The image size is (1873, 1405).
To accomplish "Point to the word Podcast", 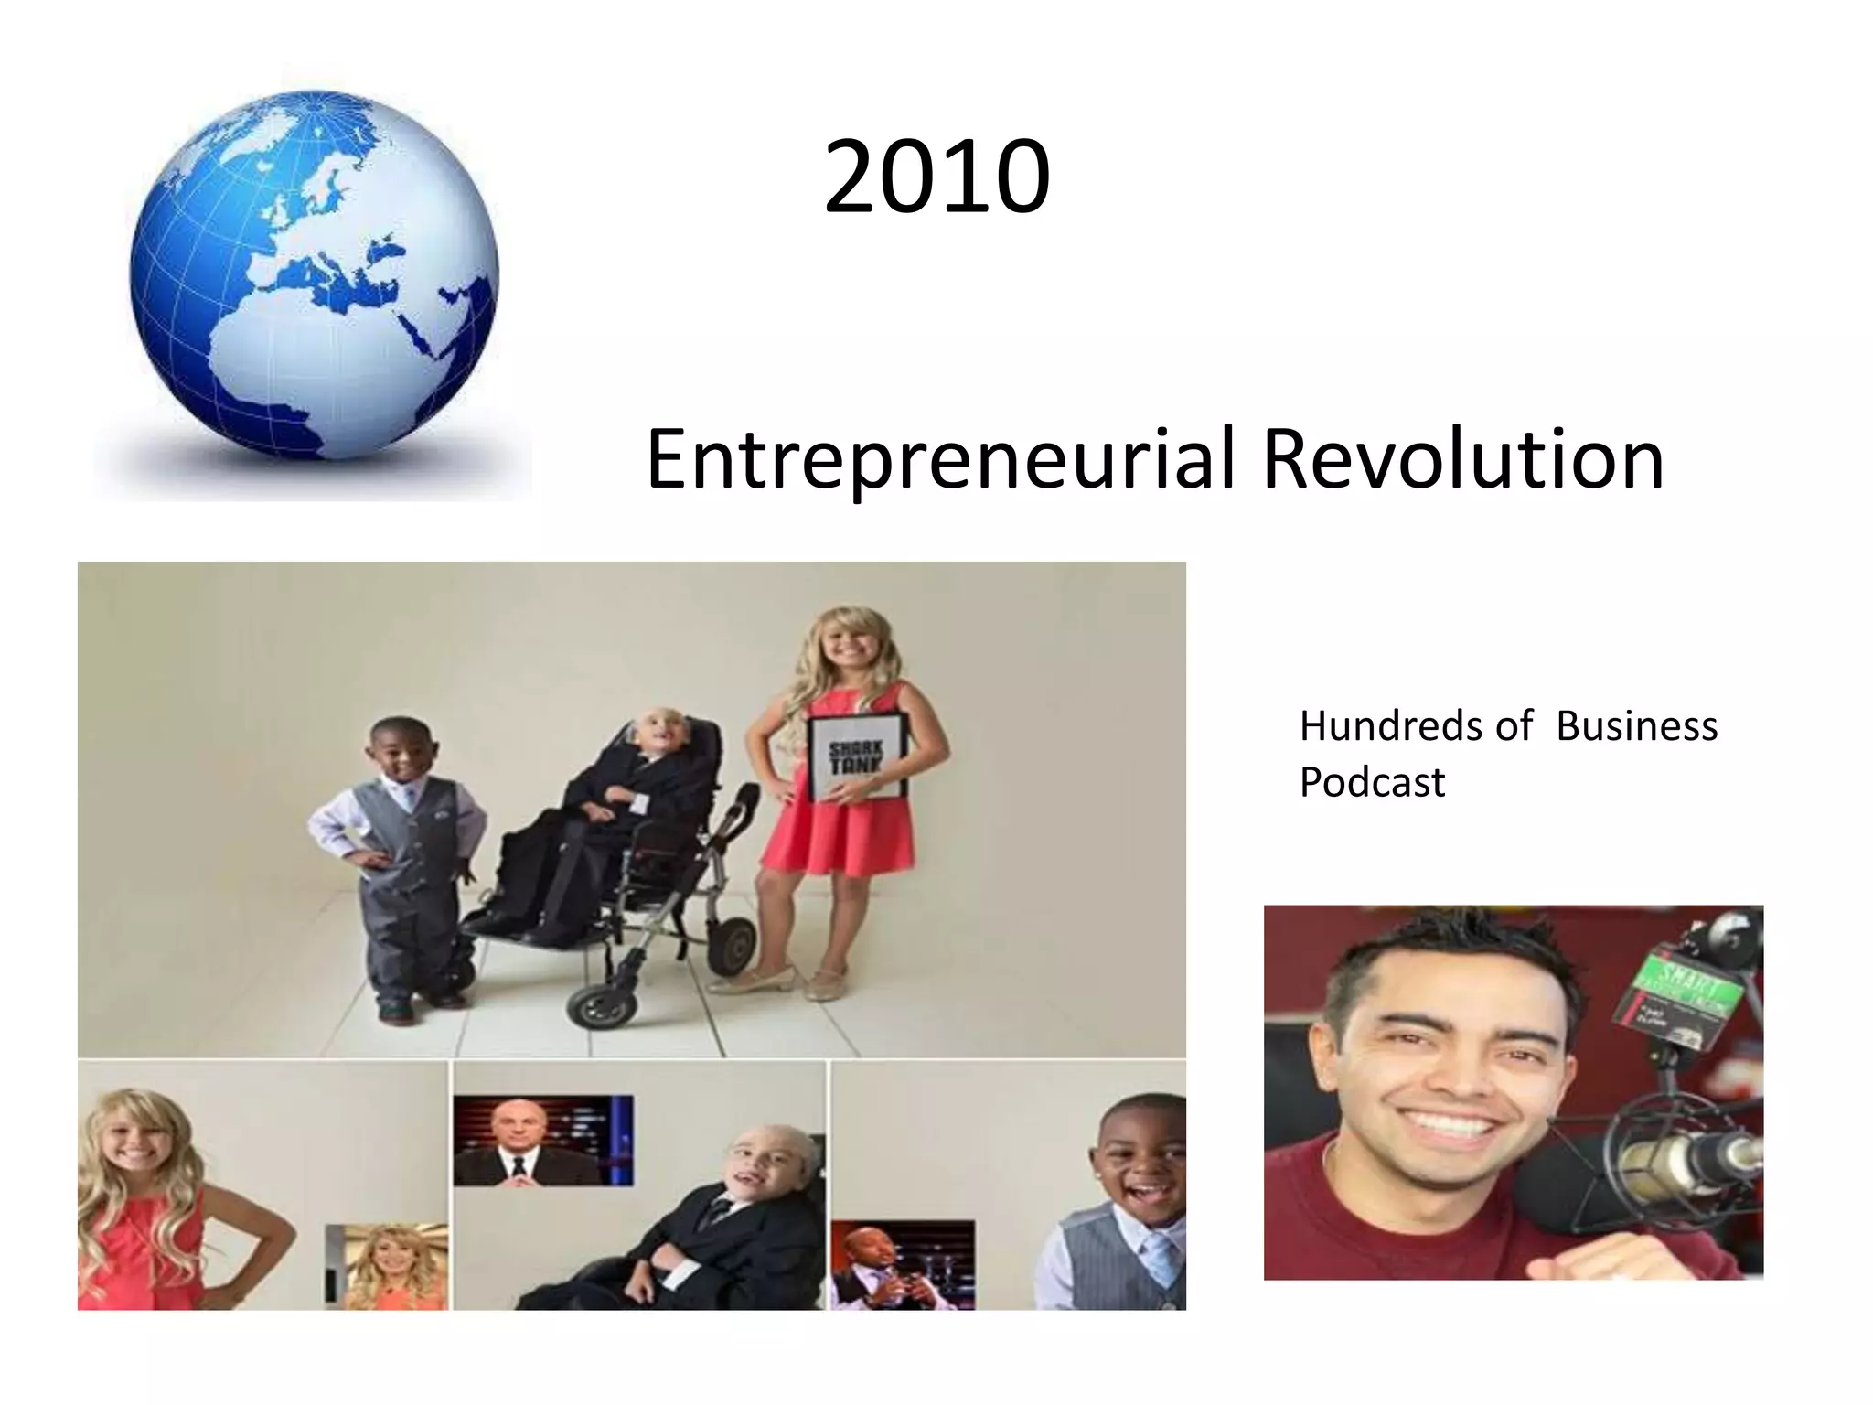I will (1372, 783).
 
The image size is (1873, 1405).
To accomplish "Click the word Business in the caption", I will (1636, 727).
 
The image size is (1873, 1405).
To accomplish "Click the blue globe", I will (314, 274).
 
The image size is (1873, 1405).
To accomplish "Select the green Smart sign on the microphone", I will (1687, 988).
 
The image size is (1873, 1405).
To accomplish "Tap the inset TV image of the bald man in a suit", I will (542, 1141).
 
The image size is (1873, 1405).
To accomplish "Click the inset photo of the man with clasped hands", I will (901, 1265).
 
